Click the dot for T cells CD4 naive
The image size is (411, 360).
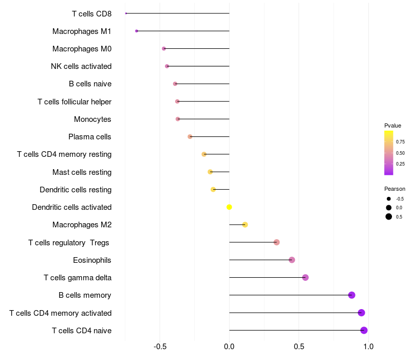(364, 330)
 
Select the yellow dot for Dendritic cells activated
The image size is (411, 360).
(229, 207)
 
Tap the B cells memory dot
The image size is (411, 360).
(351, 295)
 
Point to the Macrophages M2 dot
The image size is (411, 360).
(245, 225)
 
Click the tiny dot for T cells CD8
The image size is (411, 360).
(126, 13)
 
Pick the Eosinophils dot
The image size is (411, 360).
(292, 260)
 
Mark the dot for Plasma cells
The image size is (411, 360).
(190, 137)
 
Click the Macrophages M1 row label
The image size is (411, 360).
(82, 31)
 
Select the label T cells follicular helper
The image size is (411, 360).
(74, 102)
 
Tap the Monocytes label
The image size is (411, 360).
(92, 119)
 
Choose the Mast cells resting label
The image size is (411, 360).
(82, 172)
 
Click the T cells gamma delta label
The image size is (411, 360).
(78, 278)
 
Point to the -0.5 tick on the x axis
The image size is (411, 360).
(160, 347)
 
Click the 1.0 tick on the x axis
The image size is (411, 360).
(368, 347)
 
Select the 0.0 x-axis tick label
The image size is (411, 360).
(229, 347)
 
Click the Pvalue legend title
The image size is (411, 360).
(393, 125)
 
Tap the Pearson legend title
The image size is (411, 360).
(395, 189)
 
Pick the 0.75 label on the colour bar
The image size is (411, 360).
(400, 141)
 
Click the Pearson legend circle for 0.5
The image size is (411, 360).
(389, 217)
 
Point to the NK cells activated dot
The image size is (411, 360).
(167, 66)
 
